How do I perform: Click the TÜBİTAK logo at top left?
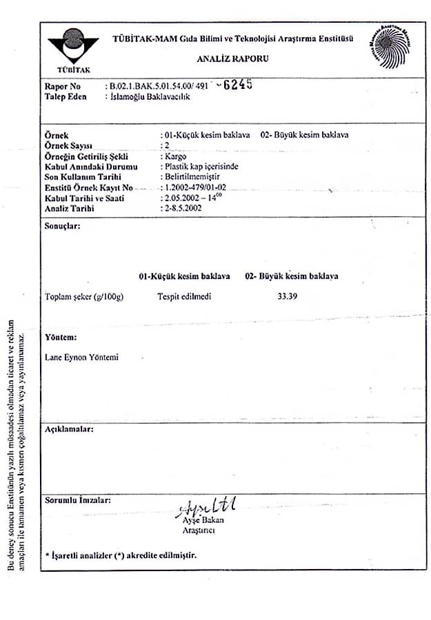(73, 49)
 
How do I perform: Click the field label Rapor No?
(63, 87)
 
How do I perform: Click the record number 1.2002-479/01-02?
(196, 187)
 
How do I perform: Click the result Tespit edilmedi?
(184, 297)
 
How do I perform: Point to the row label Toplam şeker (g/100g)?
(83, 297)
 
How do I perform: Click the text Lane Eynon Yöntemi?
(81, 358)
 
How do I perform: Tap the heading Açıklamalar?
(68, 429)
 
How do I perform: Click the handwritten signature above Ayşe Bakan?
(207, 510)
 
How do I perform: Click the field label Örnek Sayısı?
(68, 146)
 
